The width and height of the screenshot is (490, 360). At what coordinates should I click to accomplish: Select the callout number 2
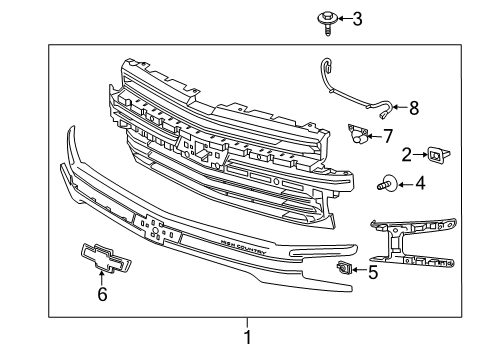(x=407, y=154)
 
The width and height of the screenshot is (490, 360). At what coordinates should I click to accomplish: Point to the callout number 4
(x=419, y=184)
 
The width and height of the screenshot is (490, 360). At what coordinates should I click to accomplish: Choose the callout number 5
(x=372, y=269)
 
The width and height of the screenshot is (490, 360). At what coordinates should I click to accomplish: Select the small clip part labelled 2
(x=436, y=154)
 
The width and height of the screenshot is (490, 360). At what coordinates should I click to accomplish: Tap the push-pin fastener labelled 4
(x=387, y=185)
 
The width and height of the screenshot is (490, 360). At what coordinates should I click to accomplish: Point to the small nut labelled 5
(x=345, y=267)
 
